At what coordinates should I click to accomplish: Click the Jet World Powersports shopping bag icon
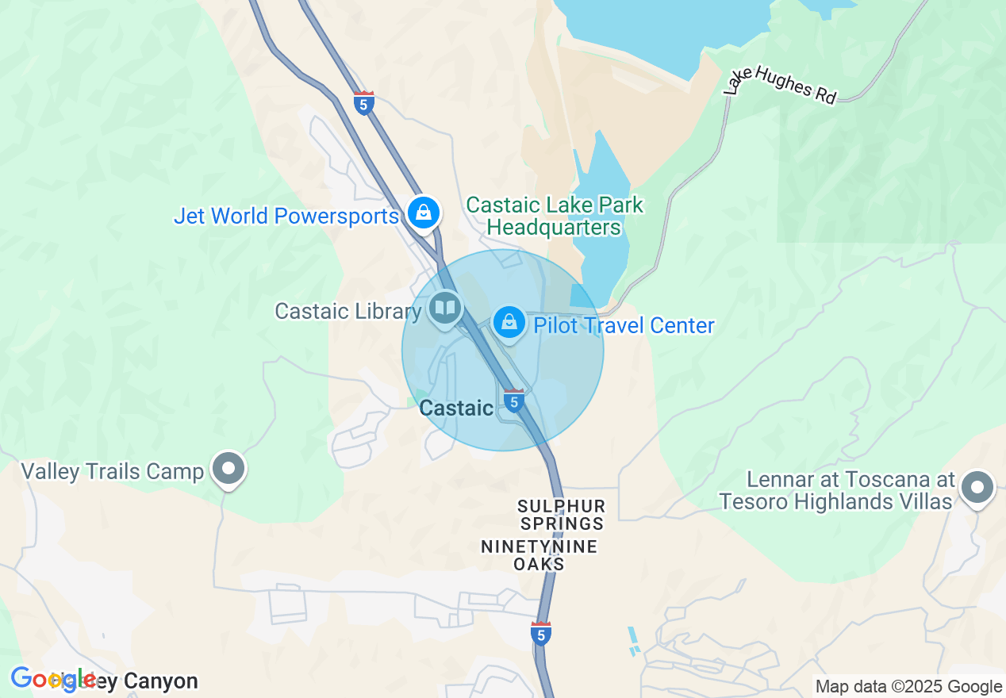coord(424,213)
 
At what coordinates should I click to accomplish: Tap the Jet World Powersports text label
coord(286,216)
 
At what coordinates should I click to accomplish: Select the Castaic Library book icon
coord(445,308)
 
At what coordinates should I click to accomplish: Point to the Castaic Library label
coord(347,311)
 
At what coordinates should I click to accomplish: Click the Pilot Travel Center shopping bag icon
coord(509,323)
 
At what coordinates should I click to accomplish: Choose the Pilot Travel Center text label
coord(624,326)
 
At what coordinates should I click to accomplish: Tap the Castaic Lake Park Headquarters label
coord(554,216)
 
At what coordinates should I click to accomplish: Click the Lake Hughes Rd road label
coord(780,83)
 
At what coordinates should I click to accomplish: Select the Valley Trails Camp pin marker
coord(229,469)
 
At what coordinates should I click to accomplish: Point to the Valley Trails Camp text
coord(112,472)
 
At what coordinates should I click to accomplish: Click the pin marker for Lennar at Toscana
coord(977,487)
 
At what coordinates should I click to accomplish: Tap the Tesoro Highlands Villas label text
coord(835,501)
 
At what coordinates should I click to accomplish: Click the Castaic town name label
coord(456,408)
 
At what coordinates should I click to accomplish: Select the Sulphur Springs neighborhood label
coord(562,515)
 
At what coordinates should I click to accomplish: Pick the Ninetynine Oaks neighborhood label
coord(539,555)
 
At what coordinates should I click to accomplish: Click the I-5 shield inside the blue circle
coord(514,401)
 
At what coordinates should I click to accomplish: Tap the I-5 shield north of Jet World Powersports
coord(364,104)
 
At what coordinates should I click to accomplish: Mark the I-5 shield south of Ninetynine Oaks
coord(541,634)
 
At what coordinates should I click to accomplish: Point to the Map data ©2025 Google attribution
coord(908,687)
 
